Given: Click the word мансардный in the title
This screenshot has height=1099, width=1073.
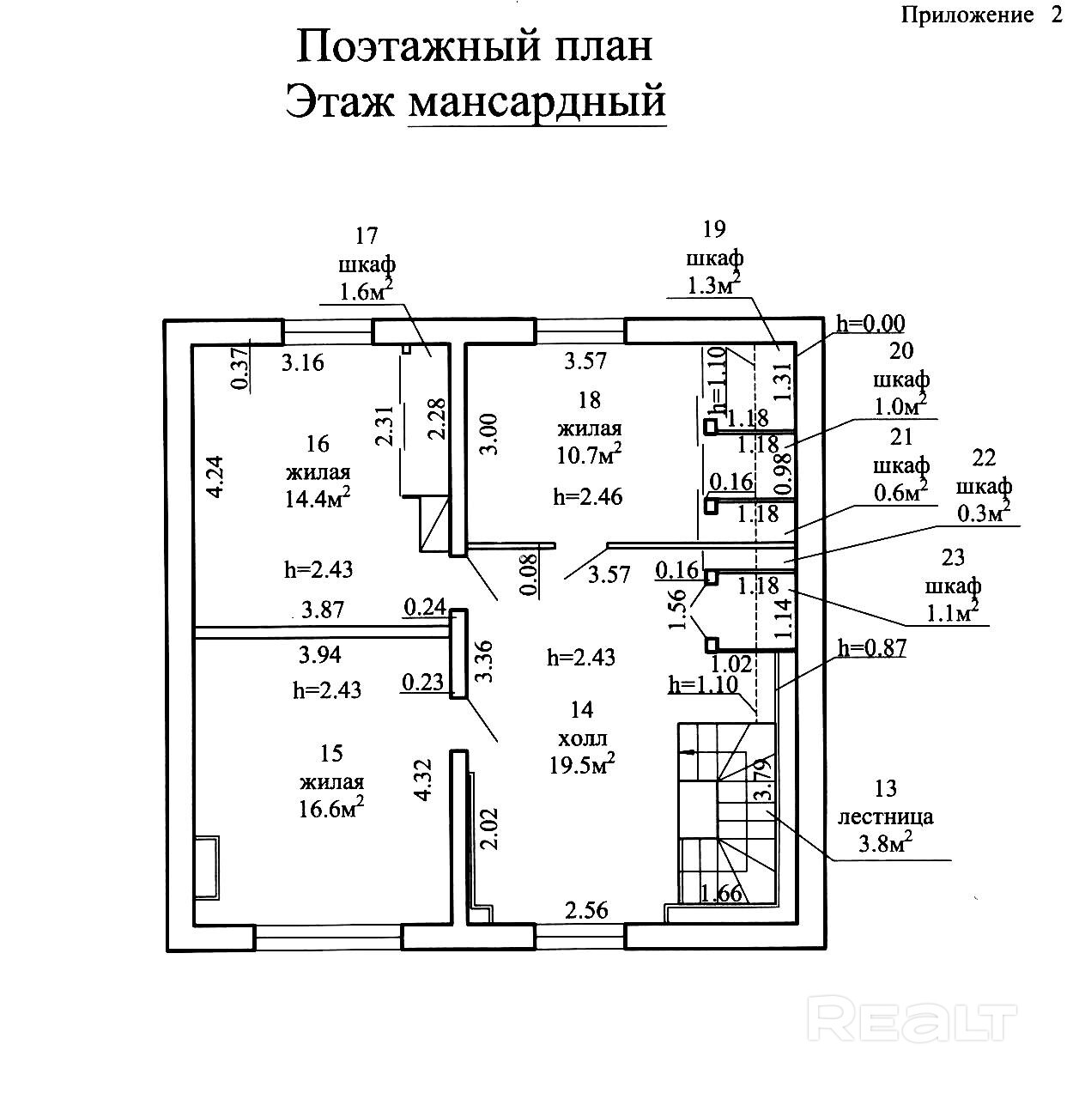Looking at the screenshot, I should point(537,102).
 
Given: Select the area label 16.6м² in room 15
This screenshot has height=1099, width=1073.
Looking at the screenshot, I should point(331,808).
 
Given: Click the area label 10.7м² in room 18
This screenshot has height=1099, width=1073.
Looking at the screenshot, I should point(589,453).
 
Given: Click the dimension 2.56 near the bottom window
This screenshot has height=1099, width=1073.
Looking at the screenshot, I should point(585,910).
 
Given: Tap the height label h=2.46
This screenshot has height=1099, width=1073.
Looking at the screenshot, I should point(588,496).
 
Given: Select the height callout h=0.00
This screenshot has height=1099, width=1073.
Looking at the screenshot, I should point(870,324).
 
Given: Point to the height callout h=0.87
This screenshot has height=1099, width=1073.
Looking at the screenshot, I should point(872,648).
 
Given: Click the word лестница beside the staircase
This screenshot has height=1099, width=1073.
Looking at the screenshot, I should point(885,817).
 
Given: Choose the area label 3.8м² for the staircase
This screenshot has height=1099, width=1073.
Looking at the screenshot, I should point(885,844).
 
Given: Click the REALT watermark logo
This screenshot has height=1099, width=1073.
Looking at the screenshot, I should point(913,1020).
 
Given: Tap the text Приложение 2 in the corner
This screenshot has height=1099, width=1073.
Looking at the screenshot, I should point(982,15).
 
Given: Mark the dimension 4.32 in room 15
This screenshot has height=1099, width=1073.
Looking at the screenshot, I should point(421,781).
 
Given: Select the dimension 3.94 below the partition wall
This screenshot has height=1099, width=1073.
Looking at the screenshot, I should point(319,655).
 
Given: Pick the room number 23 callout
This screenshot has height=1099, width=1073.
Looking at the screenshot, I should point(953,559).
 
